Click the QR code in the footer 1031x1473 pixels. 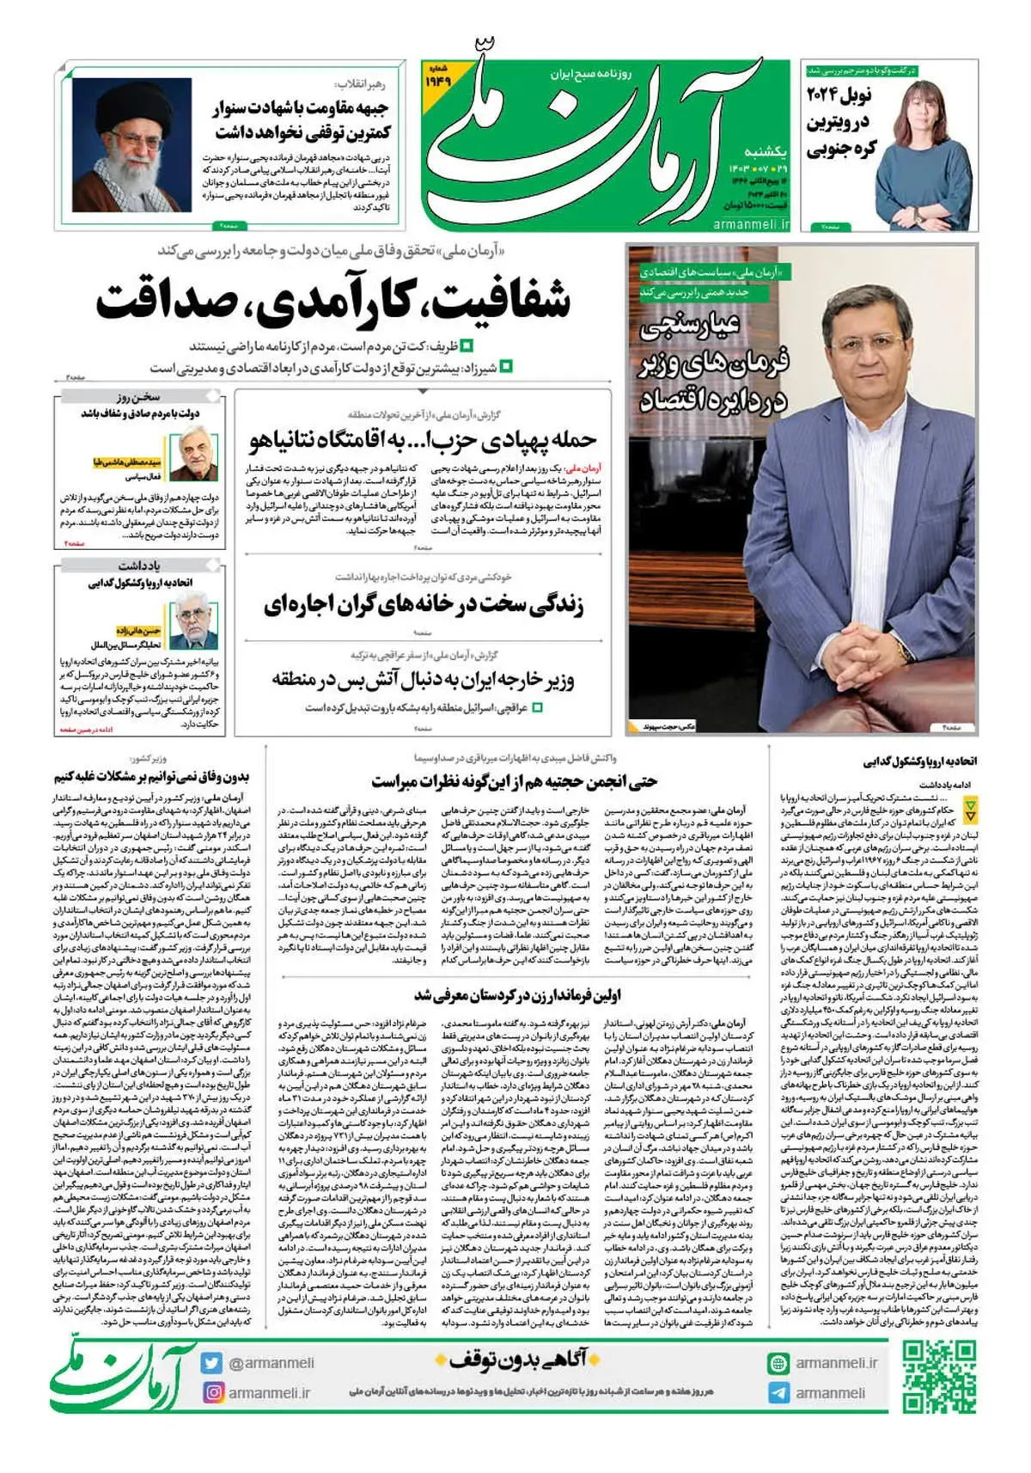point(940,1377)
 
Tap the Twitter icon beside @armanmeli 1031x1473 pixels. point(212,1363)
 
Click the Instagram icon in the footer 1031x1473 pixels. point(212,1392)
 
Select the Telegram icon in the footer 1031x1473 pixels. point(778,1393)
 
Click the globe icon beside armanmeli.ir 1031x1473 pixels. point(778,1363)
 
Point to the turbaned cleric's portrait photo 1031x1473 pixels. point(131,144)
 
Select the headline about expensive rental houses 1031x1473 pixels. point(423,605)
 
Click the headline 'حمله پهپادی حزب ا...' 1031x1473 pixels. point(423,441)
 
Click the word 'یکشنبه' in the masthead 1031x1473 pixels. point(764,152)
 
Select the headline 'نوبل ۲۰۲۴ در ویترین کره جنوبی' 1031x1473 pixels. point(842,120)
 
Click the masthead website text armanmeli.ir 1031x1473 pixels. point(751,223)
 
